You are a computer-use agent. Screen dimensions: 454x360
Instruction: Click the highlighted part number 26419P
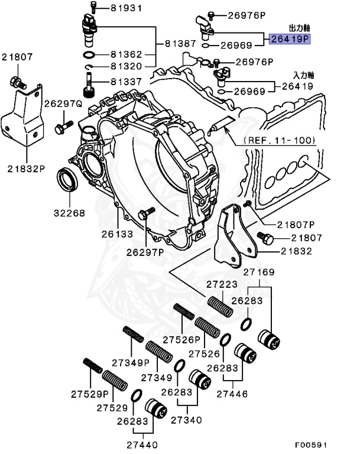click(x=290, y=40)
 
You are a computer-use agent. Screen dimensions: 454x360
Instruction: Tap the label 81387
click(x=179, y=43)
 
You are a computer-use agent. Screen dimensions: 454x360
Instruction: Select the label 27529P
click(x=90, y=394)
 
